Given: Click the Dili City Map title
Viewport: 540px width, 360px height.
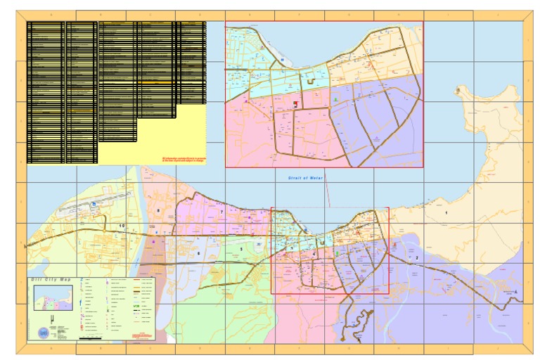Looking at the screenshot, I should coord(51,280).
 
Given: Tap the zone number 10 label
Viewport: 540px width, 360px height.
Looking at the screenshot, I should coord(122,226).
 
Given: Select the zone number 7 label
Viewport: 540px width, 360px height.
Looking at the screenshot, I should coord(221,212).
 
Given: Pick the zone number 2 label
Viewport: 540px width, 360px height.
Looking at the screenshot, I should coord(417,258).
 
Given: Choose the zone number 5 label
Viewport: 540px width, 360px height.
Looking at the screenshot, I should coord(240,249).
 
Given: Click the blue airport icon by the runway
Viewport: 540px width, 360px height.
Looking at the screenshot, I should coord(93,205).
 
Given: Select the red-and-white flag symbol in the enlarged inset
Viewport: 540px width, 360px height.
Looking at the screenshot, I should coord(295,105).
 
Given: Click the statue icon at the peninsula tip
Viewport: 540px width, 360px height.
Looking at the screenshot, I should coord(458,91).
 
